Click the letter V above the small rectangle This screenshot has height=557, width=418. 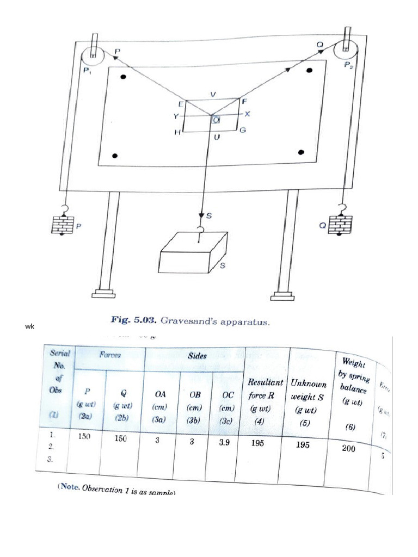[213, 94]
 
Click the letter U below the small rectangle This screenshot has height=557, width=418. [217, 138]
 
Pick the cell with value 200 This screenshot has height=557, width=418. [349, 447]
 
